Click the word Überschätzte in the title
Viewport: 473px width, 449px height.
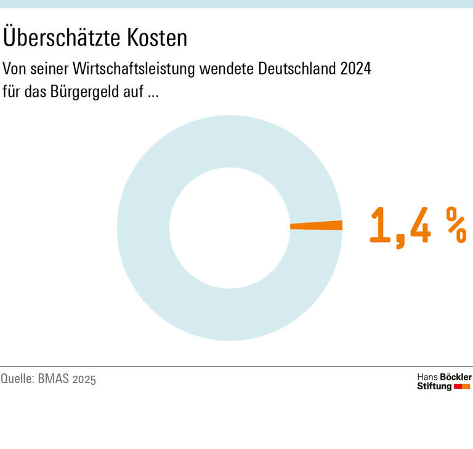click(62, 38)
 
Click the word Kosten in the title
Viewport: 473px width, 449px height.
click(157, 38)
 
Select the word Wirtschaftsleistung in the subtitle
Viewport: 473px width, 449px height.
click(127, 68)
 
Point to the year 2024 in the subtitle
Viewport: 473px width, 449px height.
click(355, 68)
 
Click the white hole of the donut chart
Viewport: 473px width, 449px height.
click(229, 228)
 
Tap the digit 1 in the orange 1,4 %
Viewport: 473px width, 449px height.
click(381, 226)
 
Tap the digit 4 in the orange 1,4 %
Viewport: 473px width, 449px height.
click(419, 226)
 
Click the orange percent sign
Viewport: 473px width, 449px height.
click(456, 226)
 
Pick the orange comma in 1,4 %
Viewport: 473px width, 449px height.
click(400, 240)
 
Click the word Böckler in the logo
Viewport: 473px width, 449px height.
click(456, 377)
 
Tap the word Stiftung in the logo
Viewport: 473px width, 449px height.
click(434, 386)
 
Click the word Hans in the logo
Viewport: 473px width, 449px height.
click(427, 377)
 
